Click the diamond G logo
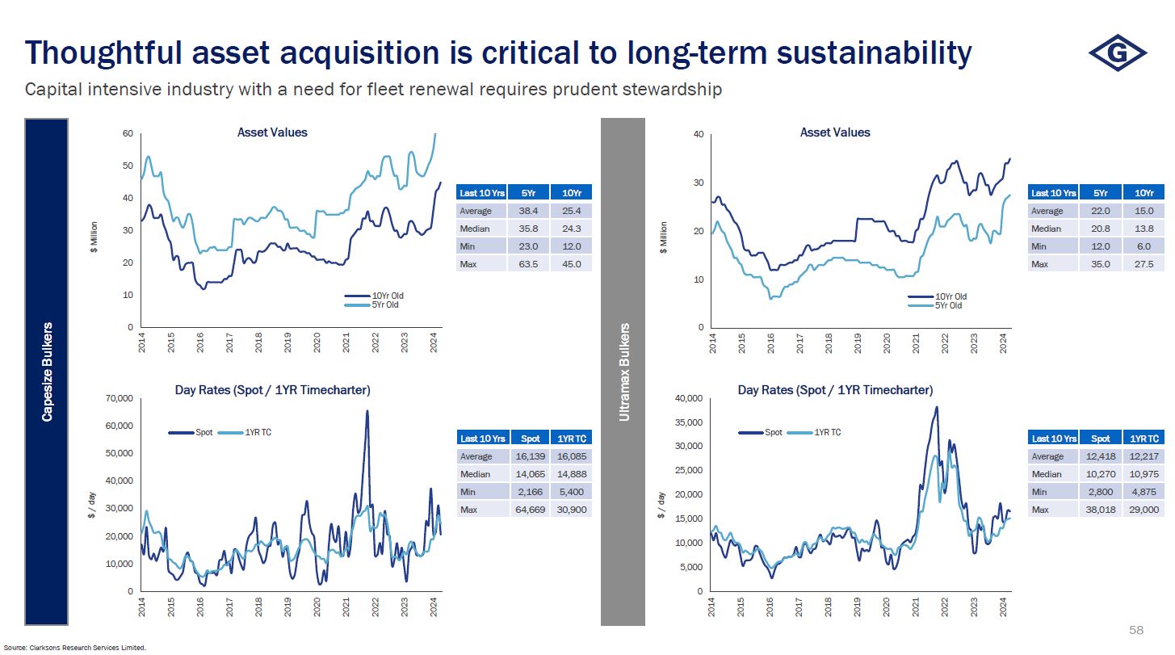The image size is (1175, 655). (1118, 52)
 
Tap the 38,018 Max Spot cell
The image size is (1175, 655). (1099, 510)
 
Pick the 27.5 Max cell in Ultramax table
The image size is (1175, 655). (1143, 263)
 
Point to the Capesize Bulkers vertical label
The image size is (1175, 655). (47, 372)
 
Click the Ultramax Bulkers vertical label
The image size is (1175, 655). (623, 372)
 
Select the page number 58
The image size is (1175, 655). (1135, 629)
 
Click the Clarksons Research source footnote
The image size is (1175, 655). (86, 647)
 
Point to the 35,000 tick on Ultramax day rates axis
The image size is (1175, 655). (689, 422)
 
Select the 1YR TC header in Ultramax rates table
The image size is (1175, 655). (1143, 438)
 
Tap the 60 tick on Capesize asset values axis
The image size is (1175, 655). (128, 133)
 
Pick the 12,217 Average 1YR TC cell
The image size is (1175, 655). (1143, 456)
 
